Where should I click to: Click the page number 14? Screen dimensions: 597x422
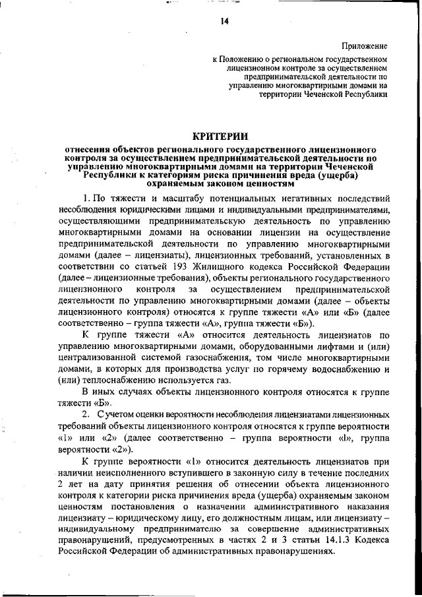[224, 22]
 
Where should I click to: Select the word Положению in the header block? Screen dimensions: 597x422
[245, 59]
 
